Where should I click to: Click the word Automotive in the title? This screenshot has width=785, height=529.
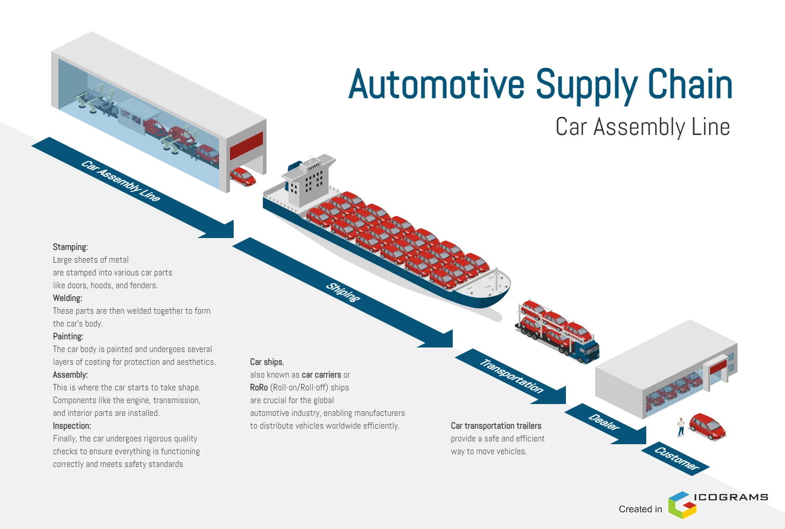pyautogui.click(x=436, y=84)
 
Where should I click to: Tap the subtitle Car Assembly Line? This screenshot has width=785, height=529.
pyautogui.click(x=642, y=127)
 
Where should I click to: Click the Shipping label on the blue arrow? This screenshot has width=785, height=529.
pyautogui.click(x=343, y=292)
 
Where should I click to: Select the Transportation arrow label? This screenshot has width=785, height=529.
pyautogui.click(x=511, y=376)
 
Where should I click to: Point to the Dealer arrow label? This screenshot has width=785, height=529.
pyautogui.click(x=604, y=422)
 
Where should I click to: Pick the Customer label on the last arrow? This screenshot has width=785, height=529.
pyautogui.click(x=677, y=458)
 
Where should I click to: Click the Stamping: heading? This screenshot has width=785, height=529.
pyautogui.click(x=70, y=247)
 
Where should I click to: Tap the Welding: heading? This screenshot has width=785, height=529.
pyautogui.click(x=68, y=298)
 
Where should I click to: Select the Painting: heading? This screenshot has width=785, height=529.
pyautogui.click(x=68, y=337)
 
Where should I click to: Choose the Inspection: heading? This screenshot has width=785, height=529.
pyautogui.click(x=72, y=426)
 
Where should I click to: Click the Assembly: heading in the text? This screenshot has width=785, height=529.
pyautogui.click(x=70, y=375)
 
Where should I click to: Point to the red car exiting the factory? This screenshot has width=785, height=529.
pyautogui.click(x=242, y=177)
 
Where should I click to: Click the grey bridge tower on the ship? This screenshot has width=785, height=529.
pyautogui.click(x=306, y=182)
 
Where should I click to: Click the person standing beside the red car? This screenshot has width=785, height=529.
pyautogui.click(x=681, y=427)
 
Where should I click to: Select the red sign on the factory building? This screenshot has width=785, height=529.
pyautogui.click(x=246, y=145)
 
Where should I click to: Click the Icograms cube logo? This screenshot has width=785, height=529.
pyautogui.click(x=682, y=505)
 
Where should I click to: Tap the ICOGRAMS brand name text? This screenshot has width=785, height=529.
pyautogui.click(x=731, y=497)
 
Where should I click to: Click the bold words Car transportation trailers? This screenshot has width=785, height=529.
pyautogui.click(x=496, y=426)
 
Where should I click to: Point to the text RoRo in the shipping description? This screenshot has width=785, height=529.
pyautogui.click(x=259, y=388)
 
